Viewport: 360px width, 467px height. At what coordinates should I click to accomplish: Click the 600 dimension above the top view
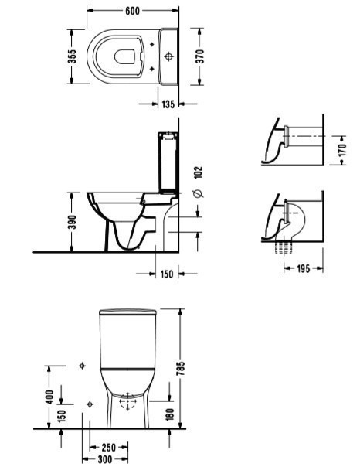pos(132,11)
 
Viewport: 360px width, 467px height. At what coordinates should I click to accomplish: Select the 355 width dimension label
pos(72,56)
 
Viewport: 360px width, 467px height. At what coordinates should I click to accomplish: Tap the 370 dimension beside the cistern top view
pos(200,56)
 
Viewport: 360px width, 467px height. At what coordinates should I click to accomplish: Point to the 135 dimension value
pos(168,104)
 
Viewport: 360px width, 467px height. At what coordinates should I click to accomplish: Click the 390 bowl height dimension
pos(72,222)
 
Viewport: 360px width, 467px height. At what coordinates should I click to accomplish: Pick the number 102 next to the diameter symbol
pos(198,172)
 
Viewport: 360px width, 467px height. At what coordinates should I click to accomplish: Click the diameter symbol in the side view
pos(199,193)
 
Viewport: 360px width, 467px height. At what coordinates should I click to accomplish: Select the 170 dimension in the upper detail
pos(342,150)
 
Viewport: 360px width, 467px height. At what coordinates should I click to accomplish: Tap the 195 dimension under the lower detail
pos(304,268)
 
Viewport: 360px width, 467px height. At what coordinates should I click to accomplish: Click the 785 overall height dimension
pos(180,368)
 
